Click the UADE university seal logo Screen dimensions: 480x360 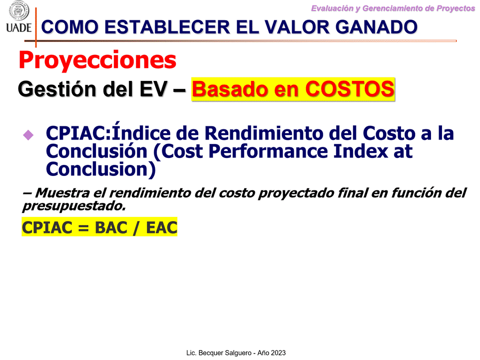pyautogui.click(x=18, y=10)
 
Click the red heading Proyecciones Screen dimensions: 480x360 pyautogui.click(x=97, y=59)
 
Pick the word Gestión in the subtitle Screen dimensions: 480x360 pyautogui.click(x=57, y=89)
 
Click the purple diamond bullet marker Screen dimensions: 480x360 pyautogui.click(x=28, y=135)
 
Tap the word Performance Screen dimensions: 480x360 pyautogui.click(x=268, y=151)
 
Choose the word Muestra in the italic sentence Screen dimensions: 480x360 pyautogui.click(x=62, y=193)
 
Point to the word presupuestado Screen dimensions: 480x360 pyautogui.click(x=74, y=206)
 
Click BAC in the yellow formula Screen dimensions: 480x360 pyautogui.click(x=111, y=227)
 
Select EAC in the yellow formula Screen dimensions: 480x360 pyautogui.click(x=162, y=227)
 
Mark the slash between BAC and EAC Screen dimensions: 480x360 pyautogui.click(x=136, y=228)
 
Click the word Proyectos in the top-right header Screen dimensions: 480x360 pyautogui.click(x=456, y=8)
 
